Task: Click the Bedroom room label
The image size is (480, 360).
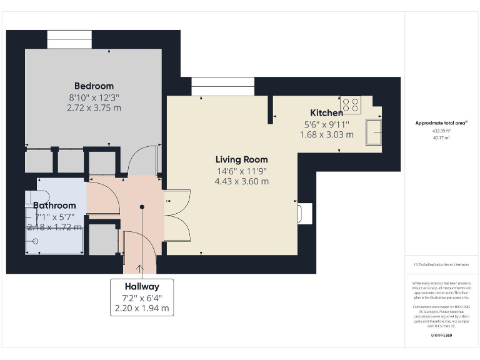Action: pyautogui.click(x=94, y=86)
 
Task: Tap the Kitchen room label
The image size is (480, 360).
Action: pyautogui.click(x=326, y=113)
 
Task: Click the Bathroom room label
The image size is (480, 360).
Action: pyautogui.click(x=54, y=205)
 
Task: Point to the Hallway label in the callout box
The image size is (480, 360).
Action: pyautogui.click(x=142, y=286)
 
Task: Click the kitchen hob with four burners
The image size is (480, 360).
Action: pyautogui.click(x=350, y=105)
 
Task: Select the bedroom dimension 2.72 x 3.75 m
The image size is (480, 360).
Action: pyautogui.click(x=94, y=107)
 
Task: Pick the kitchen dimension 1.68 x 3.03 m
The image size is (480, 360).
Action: pyautogui.click(x=326, y=134)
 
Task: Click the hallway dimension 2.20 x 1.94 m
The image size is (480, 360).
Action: pyautogui.click(x=142, y=308)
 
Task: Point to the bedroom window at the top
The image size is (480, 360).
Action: pyautogui.click(x=69, y=39)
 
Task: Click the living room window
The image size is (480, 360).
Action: pyautogui.click(x=222, y=86)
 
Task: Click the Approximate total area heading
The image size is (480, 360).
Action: pyautogui.click(x=441, y=123)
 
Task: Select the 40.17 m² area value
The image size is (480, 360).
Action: pyautogui.click(x=441, y=138)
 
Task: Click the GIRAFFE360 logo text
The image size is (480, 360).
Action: pyautogui.click(x=441, y=336)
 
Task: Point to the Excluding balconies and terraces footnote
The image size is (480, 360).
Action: pyautogui.click(x=441, y=265)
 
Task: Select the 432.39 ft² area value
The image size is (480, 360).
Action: pyautogui.click(x=441, y=131)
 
